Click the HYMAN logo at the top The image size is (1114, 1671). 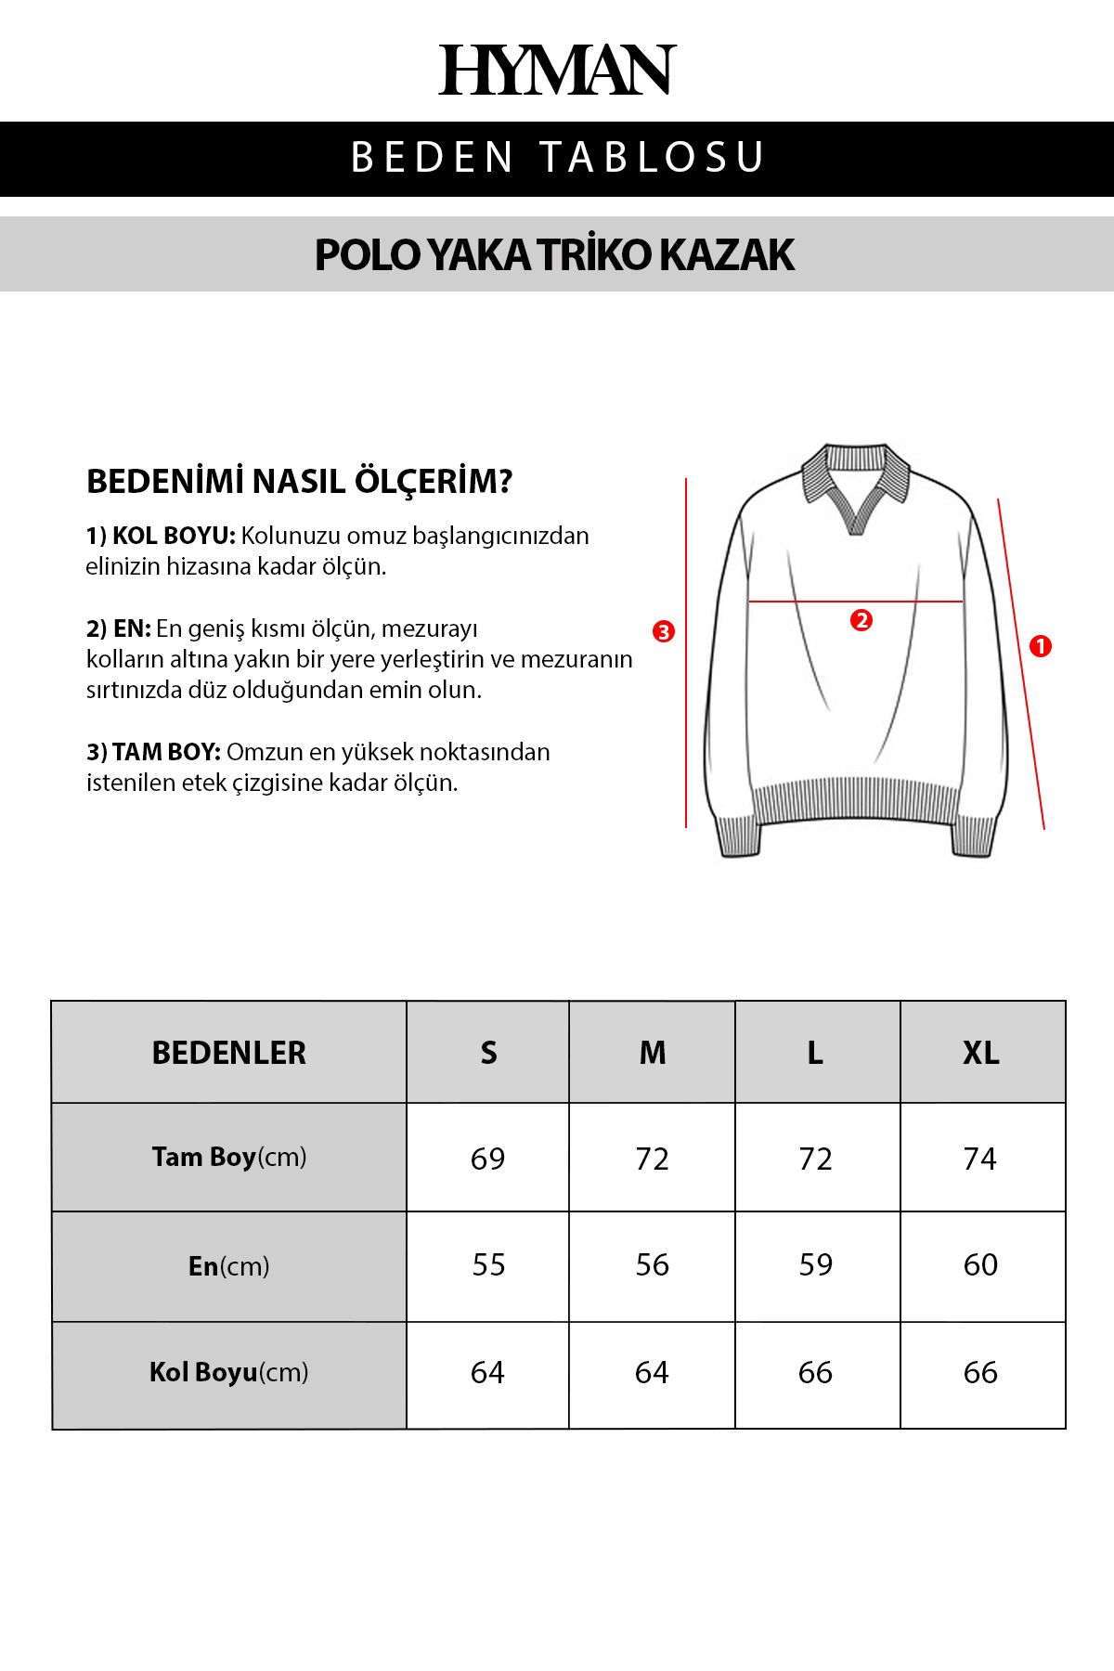[557, 70]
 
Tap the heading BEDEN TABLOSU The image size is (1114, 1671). [557, 157]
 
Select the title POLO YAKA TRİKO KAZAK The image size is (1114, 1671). [554, 254]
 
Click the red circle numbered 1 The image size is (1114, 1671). [1041, 646]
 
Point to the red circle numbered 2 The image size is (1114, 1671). [861, 620]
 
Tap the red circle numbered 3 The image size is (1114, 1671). [663, 631]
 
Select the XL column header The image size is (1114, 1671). [981, 1053]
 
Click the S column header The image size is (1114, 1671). [488, 1053]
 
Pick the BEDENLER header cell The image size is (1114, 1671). [228, 1053]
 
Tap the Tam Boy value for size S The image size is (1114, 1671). [487, 1159]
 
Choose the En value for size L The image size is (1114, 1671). [816, 1264]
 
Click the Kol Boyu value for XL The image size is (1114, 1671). [980, 1372]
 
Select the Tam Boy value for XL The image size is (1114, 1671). [980, 1159]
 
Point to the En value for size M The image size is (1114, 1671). [652, 1264]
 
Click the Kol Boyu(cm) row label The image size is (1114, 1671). [228, 1372]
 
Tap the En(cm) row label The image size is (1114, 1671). [228, 1266]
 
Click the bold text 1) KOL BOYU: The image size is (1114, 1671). [161, 537]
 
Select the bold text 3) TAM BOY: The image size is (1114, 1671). [153, 752]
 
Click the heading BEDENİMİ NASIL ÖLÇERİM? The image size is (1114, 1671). [299, 482]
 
